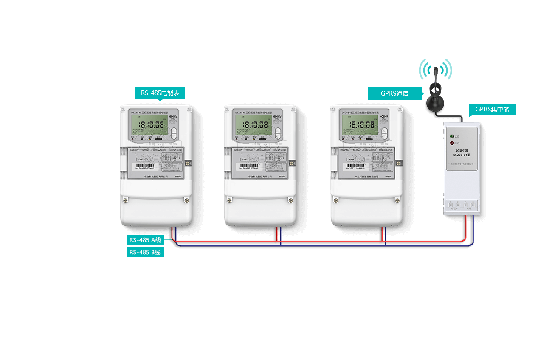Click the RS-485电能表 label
point(160,93)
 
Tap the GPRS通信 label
point(394,93)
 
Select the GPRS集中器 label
point(492,109)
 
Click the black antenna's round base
point(435,103)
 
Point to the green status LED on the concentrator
point(452,136)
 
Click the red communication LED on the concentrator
point(452,143)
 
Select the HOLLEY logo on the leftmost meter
point(172,115)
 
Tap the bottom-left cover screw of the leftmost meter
point(125,200)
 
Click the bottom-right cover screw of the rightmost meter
point(397,200)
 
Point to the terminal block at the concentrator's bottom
point(462,205)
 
